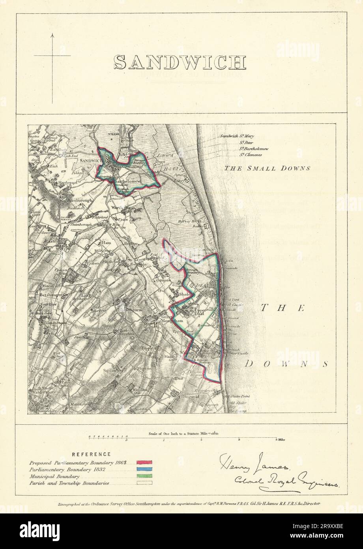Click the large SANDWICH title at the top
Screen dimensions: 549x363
(x=180, y=62)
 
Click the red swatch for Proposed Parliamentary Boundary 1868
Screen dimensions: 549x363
(x=144, y=462)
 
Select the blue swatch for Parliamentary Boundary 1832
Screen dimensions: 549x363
(x=144, y=469)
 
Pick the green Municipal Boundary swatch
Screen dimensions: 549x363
(x=144, y=476)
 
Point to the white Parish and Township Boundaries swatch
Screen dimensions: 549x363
(x=144, y=483)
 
